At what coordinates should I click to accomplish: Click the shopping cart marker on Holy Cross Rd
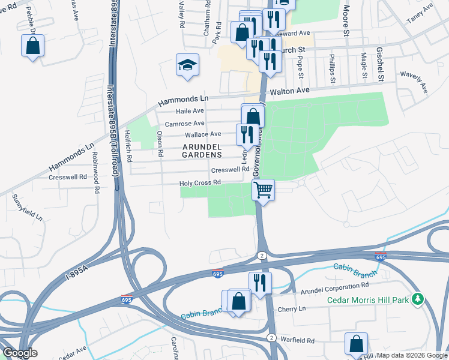click(263, 191)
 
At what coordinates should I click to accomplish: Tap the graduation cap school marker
click(187, 65)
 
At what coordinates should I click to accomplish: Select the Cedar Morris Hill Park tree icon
click(422, 299)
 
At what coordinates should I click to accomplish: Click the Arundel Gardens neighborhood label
click(202, 150)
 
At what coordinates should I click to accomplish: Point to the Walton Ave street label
click(289, 91)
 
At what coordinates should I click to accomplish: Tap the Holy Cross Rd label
click(201, 182)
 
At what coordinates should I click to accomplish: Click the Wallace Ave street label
click(203, 134)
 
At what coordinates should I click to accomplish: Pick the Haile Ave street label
click(190, 111)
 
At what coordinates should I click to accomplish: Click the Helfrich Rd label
click(128, 146)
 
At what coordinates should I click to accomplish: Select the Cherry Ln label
click(292, 308)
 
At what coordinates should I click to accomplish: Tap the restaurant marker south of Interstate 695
click(259, 283)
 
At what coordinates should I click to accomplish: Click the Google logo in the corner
click(20, 353)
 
